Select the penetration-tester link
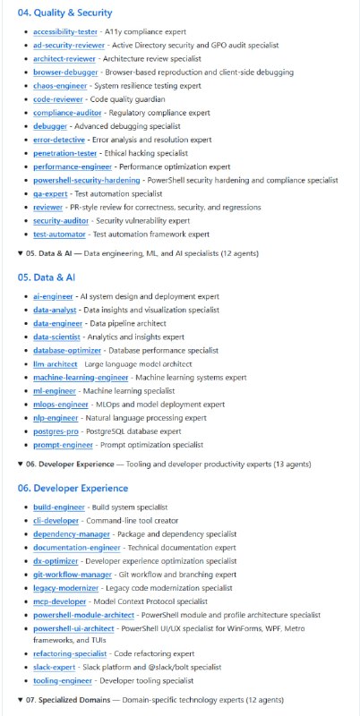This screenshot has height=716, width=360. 64,153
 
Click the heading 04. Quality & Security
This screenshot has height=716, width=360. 64,13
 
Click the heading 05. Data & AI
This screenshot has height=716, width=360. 50,277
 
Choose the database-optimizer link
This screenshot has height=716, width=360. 67,350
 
